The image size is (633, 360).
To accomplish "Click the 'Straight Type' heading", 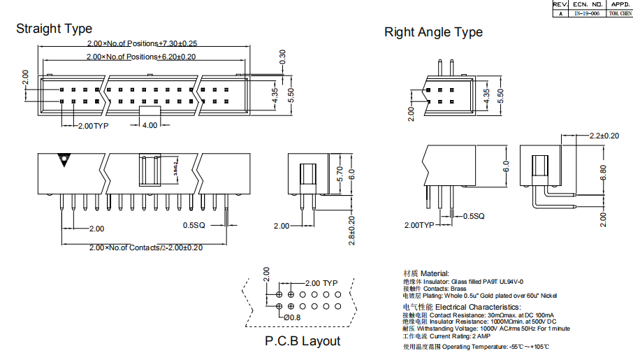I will click(54, 29).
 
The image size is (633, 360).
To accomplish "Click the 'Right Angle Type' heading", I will click(433, 32).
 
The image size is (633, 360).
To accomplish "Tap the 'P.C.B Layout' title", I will click(303, 341).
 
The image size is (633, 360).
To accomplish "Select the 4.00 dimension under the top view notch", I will click(150, 126).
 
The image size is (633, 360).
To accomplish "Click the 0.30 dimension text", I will click(282, 56).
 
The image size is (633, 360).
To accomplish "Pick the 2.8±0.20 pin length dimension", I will click(352, 230).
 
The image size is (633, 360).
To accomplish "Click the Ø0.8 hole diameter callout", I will click(292, 317).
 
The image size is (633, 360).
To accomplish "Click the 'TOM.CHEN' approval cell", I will click(620, 13).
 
